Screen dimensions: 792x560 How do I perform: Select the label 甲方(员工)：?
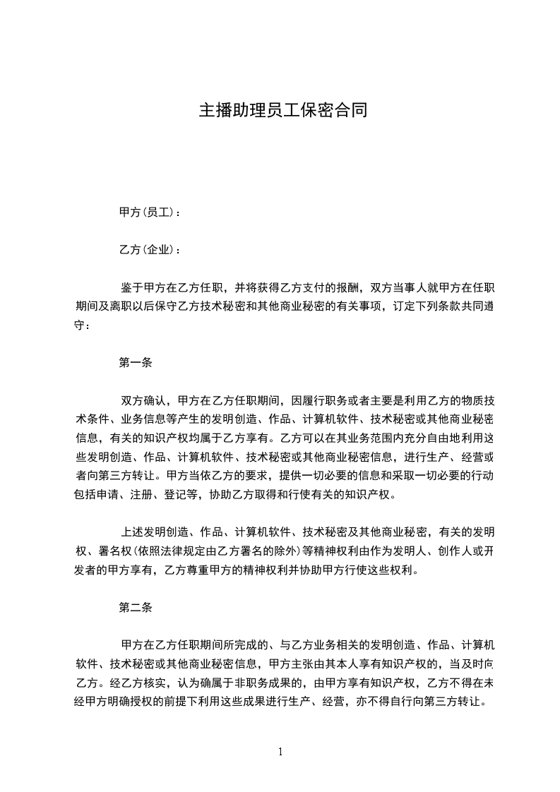[x=150, y=212]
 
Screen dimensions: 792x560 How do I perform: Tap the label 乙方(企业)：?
[x=150, y=250]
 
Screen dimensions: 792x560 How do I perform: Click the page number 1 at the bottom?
[x=280, y=752]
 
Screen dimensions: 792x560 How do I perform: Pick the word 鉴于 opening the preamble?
[x=132, y=288]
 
